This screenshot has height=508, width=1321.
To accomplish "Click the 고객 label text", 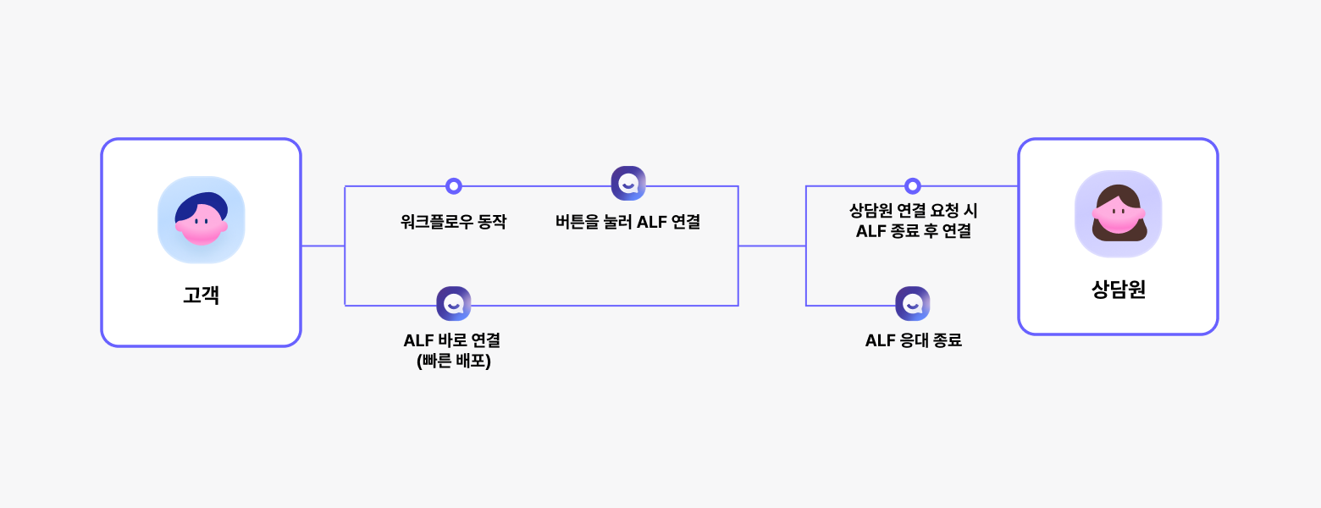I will [201, 295].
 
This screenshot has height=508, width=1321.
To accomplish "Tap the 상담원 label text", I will [1118, 290].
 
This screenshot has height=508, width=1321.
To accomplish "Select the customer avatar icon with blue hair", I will [202, 219].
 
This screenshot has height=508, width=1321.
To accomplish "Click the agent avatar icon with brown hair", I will [1118, 214].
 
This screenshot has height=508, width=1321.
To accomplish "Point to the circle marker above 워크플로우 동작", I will [454, 186].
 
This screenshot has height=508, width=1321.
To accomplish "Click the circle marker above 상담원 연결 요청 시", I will [912, 186].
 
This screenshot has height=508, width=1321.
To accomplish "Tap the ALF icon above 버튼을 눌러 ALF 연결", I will [628, 183].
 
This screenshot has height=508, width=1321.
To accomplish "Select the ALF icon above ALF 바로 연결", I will [454, 304].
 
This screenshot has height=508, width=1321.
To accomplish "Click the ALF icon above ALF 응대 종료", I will [912, 304].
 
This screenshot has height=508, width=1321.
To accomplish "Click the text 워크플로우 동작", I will [453, 223].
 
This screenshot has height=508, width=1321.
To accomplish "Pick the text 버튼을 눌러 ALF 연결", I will [627, 223].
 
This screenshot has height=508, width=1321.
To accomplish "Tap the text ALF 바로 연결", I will [452, 340].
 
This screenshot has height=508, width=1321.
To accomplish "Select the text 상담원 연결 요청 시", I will [913, 210].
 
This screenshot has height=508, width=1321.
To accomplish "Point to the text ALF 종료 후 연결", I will [913, 230].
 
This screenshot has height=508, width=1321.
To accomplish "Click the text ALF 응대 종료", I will [913, 340].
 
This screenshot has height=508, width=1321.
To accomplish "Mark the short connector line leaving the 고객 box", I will [323, 246].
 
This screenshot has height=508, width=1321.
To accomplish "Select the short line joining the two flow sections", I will [771, 246].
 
